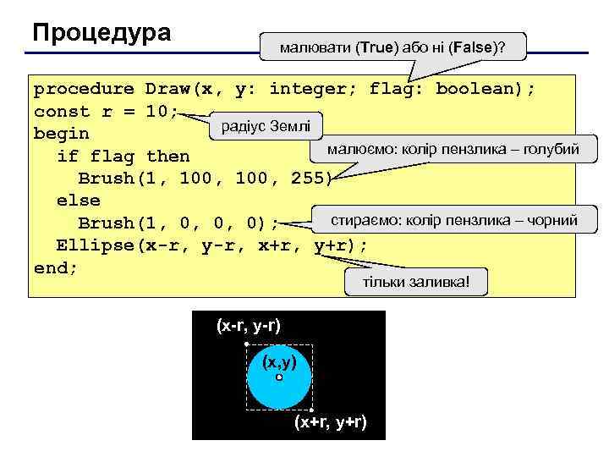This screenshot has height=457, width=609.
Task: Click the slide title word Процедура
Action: tap(101, 33)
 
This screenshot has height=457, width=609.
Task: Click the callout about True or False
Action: tap(393, 47)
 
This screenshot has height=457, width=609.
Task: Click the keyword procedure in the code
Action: tap(84, 89)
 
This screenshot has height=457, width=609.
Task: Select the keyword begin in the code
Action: tap(61, 134)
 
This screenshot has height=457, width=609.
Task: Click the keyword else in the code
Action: tap(78, 201)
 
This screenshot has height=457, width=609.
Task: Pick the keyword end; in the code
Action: tap(56, 267)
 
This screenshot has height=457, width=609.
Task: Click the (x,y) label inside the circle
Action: tap(279, 362)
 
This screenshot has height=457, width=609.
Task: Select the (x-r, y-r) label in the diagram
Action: tap(249, 325)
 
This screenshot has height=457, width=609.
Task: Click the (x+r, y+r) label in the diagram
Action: tap(330, 422)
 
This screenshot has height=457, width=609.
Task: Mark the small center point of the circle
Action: tap(279, 377)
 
